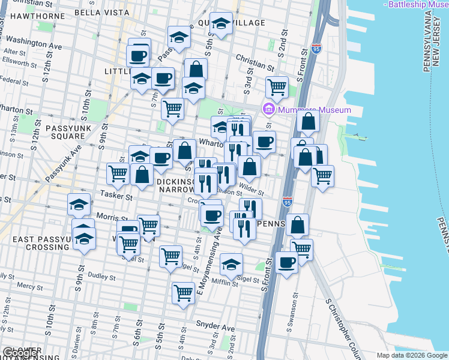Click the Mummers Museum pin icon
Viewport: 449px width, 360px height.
[268, 110]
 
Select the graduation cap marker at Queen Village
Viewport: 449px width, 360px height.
[221, 24]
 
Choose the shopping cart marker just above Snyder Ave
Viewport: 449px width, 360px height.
[183, 293]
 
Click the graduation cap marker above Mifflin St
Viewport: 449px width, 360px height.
[231, 263]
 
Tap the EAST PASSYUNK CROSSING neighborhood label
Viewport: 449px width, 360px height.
[37, 244]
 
